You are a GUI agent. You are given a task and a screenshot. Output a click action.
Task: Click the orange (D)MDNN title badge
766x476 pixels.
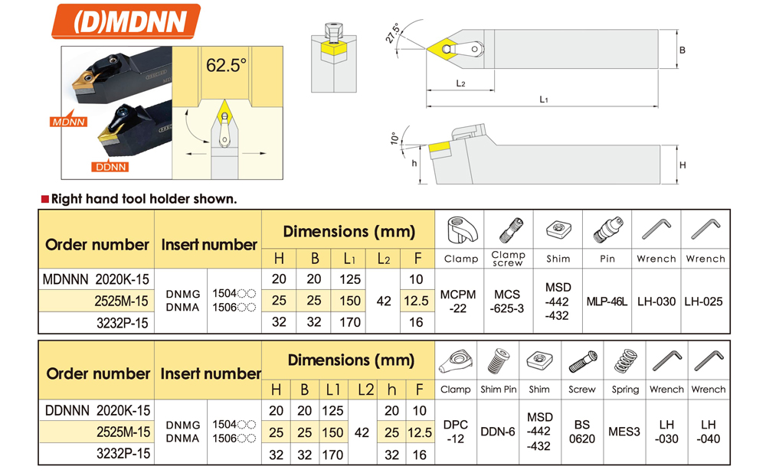(x=125, y=22)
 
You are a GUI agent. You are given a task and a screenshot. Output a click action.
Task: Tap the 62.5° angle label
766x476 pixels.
(x=226, y=66)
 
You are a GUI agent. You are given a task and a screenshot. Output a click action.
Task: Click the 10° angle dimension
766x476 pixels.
(x=394, y=139)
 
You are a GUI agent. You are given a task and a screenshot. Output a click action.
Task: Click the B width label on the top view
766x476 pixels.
(x=682, y=51)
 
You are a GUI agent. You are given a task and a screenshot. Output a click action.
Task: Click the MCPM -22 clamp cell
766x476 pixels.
(x=459, y=302)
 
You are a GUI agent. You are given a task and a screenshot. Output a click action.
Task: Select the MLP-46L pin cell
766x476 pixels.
(x=607, y=302)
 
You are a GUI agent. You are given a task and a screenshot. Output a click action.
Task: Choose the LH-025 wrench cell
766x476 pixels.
(x=704, y=302)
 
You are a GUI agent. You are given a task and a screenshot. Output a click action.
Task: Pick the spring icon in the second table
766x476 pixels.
(x=625, y=361)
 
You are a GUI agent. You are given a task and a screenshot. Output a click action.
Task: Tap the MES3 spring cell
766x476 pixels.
(x=624, y=432)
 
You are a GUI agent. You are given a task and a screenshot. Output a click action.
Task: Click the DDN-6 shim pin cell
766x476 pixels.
(x=498, y=432)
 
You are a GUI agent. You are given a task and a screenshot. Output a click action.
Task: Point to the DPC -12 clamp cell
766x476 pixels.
(x=455, y=432)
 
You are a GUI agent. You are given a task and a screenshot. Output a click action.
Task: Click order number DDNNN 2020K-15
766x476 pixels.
(x=97, y=411)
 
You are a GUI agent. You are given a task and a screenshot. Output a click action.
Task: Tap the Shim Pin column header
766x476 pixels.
(x=499, y=390)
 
